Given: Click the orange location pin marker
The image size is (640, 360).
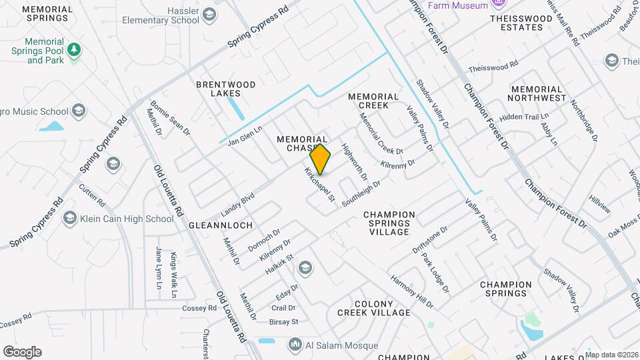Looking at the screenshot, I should click(x=320, y=159).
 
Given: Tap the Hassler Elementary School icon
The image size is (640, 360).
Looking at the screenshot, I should click(x=209, y=15).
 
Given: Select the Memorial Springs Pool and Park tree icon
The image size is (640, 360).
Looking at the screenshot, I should click(x=75, y=50).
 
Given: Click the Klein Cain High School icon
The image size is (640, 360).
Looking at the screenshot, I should click(x=69, y=219).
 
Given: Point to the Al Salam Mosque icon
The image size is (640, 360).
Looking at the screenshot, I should click(x=295, y=345).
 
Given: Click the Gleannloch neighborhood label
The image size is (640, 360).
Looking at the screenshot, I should click(x=221, y=225).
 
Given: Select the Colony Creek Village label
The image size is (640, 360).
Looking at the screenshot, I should click(x=373, y=307).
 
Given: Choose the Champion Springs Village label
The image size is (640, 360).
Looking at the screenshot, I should click(x=389, y=223).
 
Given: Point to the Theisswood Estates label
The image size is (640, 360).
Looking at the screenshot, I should click(x=526, y=23).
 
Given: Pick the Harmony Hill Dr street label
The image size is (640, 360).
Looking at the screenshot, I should click(x=411, y=291).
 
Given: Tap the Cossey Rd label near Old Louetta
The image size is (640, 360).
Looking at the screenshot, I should click(x=201, y=309).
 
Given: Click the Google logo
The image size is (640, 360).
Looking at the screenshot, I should click(x=22, y=352).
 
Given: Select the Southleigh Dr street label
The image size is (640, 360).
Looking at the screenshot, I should click(x=361, y=193).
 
